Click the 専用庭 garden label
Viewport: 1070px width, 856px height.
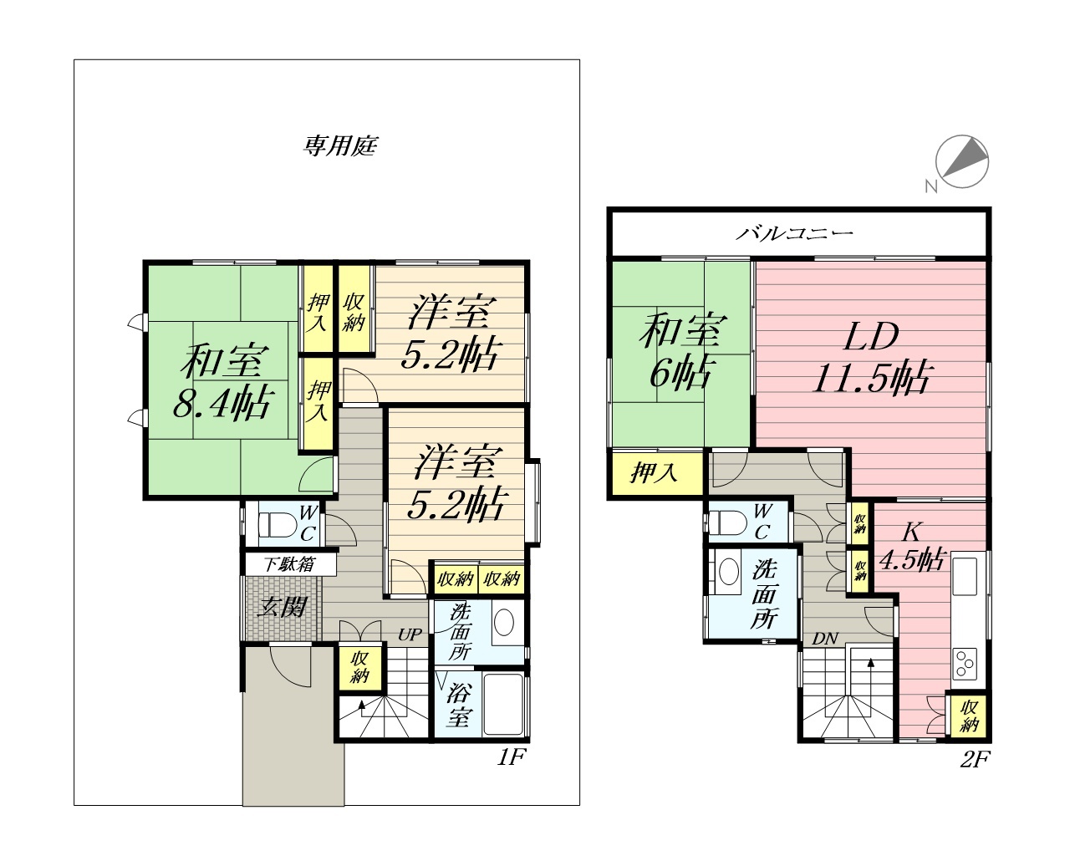(x=341, y=146)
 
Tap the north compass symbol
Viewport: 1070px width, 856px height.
(x=961, y=161)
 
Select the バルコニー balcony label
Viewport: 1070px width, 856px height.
(x=794, y=233)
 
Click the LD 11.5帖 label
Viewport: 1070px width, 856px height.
(x=873, y=357)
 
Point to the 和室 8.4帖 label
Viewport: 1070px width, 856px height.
(x=224, y=381)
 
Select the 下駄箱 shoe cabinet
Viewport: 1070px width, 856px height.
(x=289, y=564)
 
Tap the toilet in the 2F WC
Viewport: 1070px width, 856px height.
(x=728, y=523)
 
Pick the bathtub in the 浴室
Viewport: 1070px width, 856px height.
(x=503, y=704)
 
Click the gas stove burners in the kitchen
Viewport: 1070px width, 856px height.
(x=965, y=663)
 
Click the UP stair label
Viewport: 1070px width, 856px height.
(x=410, y=634)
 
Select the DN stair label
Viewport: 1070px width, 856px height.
(x=825, y=639)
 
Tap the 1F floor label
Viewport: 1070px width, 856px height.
(x=511, y=757)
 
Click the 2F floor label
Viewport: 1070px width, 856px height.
(x=975, y=759)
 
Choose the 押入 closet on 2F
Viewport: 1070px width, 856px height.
(x=655, y=472)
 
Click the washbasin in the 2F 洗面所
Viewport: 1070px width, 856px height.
(x=729, y=572)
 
